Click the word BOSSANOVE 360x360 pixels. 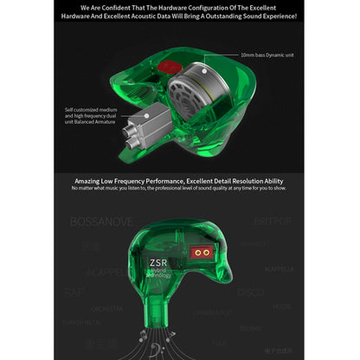click(x=101, y=222)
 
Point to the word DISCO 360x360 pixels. click(x=250, y=292)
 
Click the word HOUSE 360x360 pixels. click(x=282, y=306)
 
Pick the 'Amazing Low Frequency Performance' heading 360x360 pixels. click(x=180, y=178)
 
